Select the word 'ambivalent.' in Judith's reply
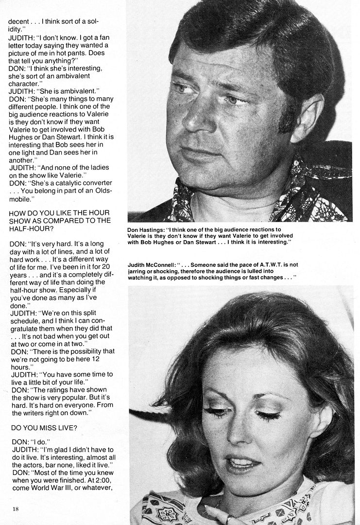coord(78,90)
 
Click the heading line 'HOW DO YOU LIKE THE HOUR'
coord(59,212)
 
